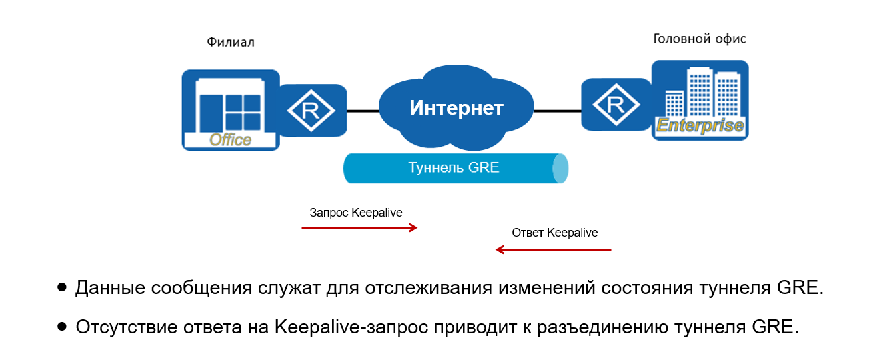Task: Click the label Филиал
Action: click(231, 43)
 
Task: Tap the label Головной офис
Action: click(699, 39)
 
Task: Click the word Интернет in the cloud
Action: click(456, 107)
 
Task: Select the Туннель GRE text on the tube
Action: click(454, 167)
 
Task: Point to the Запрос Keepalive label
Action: click(356, 213)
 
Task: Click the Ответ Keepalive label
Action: click(555, 233)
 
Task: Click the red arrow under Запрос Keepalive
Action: click(359, 228)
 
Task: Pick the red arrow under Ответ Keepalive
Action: click(554, 250)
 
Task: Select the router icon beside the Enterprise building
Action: click(615, 105)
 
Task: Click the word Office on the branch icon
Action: click(230, 139)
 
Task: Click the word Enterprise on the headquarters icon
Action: click(700, 125)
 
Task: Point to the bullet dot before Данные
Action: click(62, 288)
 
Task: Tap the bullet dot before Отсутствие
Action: click(62, 327)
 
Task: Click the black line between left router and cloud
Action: click(362, 111)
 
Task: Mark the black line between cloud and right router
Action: click(557, 111)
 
